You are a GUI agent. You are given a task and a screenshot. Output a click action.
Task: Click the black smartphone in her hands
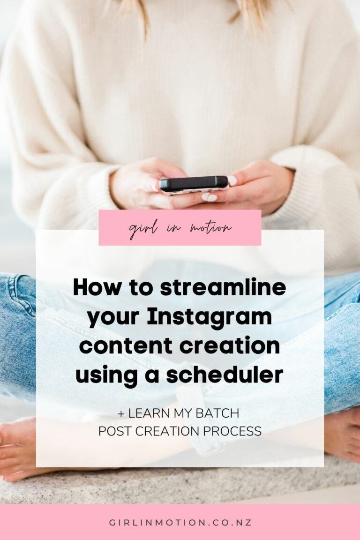click(194, 185)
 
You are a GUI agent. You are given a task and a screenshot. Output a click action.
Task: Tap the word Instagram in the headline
click(210, 316)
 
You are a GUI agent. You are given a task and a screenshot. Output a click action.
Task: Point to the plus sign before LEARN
click(121, 413)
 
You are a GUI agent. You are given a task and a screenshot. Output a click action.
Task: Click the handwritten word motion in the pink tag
click(211, 228)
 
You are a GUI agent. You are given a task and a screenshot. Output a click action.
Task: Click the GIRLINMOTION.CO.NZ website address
click(180, 523)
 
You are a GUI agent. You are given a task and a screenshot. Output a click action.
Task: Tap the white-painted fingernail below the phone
click(209, 197)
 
